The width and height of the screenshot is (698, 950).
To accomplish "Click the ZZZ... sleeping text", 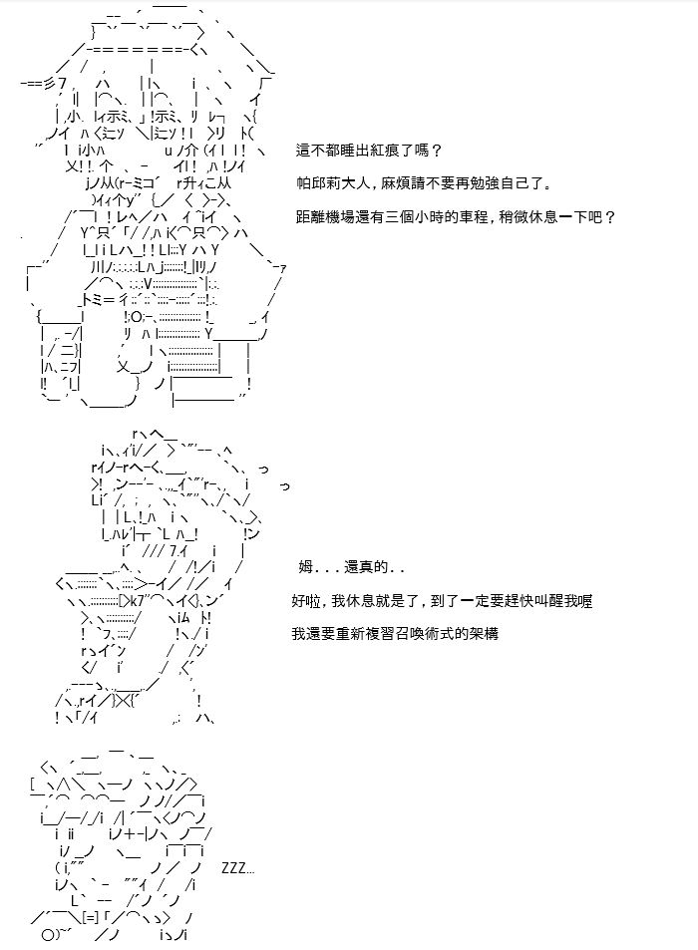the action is pyautogui.click(x=237, y=868).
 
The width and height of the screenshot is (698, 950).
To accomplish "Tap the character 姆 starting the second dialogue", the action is pyautogui.click(x=305, y=567).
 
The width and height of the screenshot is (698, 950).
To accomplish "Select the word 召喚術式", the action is pyautogui.click(x=424, y=634).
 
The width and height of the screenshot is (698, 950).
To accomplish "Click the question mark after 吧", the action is pyautogui.click(x=610, y=216).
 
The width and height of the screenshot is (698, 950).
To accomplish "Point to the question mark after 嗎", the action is pyautogui.click(x=438, y=151).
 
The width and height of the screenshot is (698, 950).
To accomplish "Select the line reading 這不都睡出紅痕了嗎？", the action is pyautogui.click(x=370, y=151).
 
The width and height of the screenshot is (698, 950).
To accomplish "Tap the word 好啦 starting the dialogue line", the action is pyautogui.click(x=306, y=601).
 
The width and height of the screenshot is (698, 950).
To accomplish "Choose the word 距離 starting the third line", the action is pyautogui.click(x=311, y=216).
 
